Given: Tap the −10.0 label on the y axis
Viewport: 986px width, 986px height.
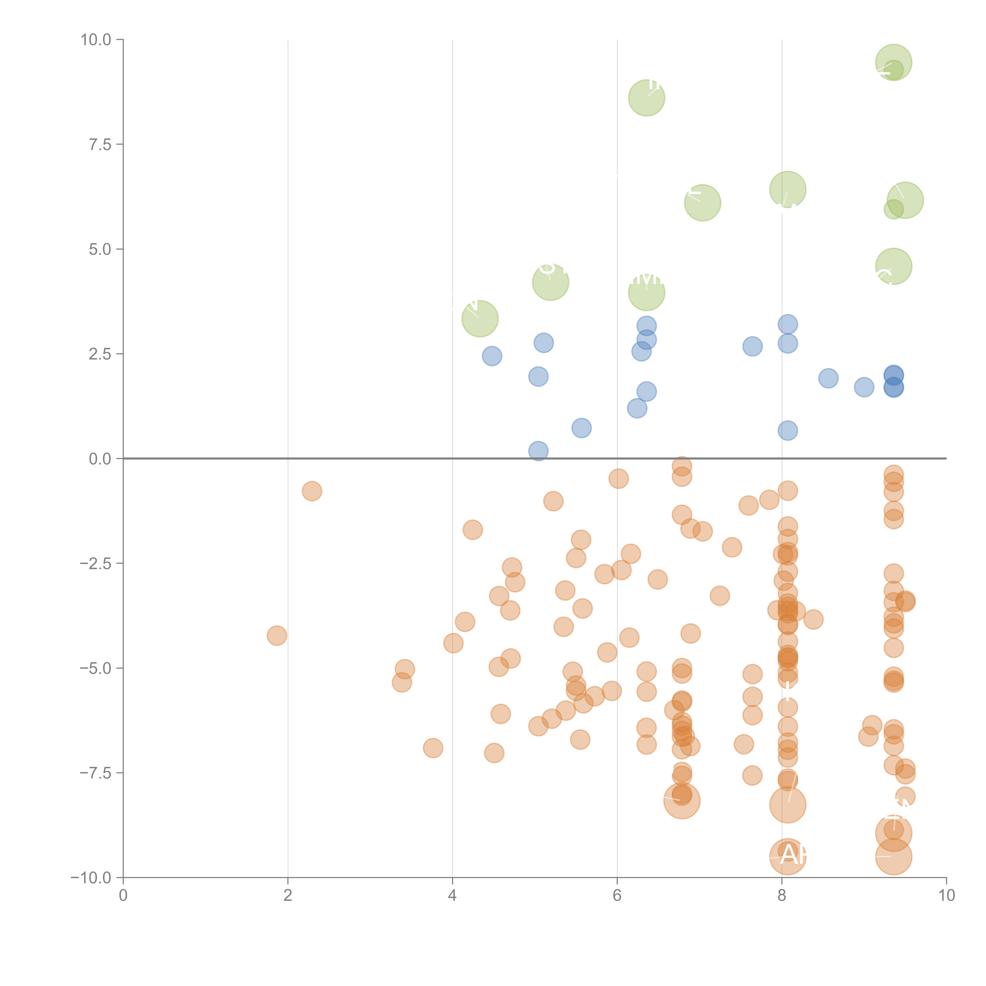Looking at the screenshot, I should pos(91,878).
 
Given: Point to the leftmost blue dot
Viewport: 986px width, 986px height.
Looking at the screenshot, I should pos(491,356).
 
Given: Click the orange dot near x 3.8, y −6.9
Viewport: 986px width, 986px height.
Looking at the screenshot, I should pos(433,748).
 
